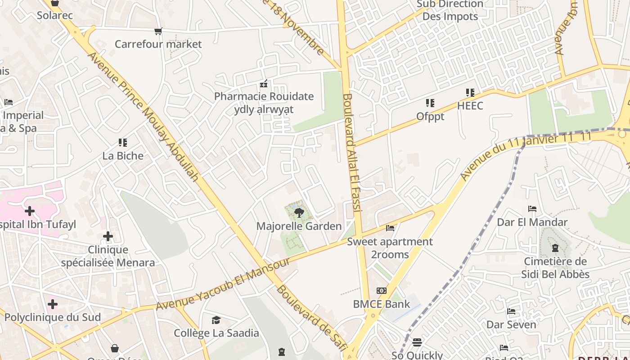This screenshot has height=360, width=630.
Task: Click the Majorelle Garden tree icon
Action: coord(298,212)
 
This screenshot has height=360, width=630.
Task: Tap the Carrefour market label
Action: coord(158,44)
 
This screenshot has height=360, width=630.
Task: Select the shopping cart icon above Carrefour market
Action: coord(158,31)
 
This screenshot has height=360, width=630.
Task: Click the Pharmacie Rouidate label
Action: coord(264,96)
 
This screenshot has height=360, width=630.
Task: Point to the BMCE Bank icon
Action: coord(382,291)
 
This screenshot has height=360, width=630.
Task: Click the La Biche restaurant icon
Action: coord(123,143)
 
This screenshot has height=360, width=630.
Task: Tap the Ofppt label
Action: coord(430,117)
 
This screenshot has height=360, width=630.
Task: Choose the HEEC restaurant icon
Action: coord(470,93)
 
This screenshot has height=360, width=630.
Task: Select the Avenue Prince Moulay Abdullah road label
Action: coord(143,116)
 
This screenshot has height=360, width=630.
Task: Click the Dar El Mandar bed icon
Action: coord(532,209)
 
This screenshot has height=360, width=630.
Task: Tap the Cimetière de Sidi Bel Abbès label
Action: coord(555,268)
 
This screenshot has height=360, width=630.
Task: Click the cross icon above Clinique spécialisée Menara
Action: coord(108,236)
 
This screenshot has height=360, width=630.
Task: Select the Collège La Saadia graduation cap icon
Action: coord(216,320)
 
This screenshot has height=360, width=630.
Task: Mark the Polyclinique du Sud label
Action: coord(53,317)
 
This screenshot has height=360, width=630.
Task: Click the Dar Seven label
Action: coord(511,324)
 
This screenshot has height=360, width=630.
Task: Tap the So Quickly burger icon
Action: coord(417,342)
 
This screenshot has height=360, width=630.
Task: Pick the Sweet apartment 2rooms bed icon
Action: coord(390,228)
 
